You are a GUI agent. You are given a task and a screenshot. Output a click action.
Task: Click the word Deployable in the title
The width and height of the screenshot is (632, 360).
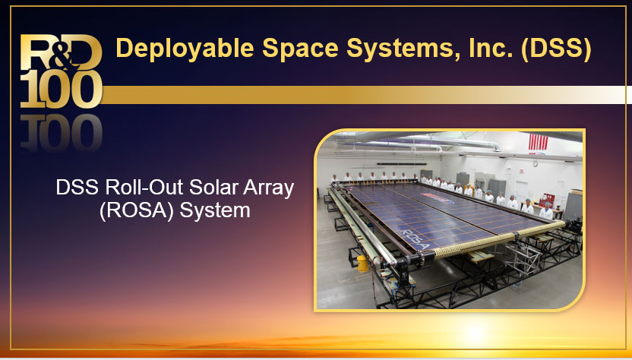point(185,49)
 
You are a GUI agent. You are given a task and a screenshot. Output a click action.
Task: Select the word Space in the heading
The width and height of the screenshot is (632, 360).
point(300,48)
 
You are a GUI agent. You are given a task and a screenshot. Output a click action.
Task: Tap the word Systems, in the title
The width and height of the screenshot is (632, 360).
point(403,49)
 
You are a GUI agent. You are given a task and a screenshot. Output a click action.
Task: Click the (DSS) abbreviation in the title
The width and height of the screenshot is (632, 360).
point(556,49)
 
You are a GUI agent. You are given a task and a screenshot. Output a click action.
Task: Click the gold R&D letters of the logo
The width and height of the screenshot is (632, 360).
point(61,52)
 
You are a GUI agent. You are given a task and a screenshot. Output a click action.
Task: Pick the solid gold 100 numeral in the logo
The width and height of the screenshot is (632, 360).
point(62,89)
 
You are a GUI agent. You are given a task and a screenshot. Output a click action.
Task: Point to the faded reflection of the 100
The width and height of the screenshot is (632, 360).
point(62,132)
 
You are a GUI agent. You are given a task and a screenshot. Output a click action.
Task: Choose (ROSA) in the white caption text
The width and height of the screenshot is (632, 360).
point(137,211)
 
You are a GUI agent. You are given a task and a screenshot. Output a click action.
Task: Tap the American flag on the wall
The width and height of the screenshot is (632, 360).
point(538,142)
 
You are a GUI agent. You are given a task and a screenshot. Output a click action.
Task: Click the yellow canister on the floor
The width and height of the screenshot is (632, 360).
point(363,264)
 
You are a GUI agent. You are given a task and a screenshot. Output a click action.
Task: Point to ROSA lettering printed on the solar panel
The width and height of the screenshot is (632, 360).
point(416,239)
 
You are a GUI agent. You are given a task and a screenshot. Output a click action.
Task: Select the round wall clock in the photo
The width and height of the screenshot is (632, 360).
point(536,164)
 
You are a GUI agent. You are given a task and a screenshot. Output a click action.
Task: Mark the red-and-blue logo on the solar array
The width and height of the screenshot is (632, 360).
point(438,198)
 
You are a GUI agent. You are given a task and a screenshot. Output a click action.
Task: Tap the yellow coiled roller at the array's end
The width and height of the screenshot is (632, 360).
point(498,240)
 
